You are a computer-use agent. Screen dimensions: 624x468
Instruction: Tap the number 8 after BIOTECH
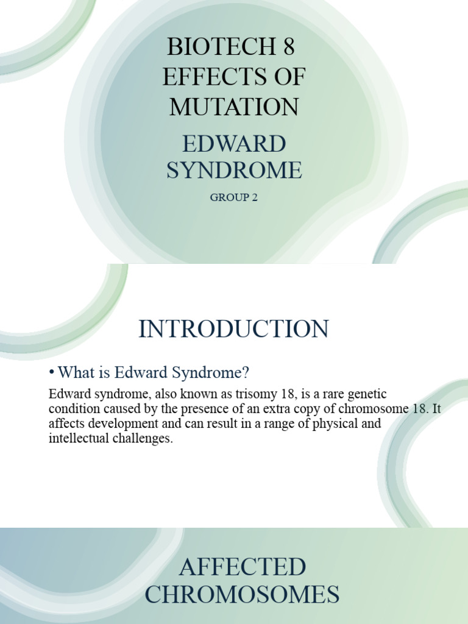pos(288,47)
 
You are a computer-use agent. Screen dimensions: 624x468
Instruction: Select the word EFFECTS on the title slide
pos(208,77)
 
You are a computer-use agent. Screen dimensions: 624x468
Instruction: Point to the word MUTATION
pos(234,107)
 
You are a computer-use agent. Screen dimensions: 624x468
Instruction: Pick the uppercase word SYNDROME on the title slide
pos(234,171)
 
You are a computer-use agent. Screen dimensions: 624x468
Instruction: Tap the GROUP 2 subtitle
pos(234,197)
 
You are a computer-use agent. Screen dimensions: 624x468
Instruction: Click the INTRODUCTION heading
pos(233,329)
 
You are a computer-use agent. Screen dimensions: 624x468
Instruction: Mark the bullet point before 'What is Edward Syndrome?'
pos(52,372)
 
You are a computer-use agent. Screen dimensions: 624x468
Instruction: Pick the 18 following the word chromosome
pos(419,409)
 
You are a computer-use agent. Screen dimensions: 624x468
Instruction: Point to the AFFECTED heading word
pos(242,567)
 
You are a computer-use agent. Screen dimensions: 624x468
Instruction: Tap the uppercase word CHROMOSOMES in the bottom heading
pos(242,595)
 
